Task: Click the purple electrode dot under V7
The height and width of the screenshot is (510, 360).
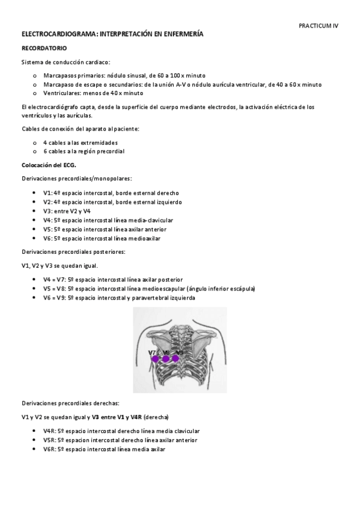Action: click(x=155, y=359)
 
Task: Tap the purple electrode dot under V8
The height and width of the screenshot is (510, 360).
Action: click(x=166, y=359)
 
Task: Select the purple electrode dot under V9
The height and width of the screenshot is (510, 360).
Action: click(x=176, y=359)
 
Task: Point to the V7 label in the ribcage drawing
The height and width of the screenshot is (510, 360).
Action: click(x=152, y=352)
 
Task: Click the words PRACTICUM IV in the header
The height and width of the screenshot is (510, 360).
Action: click(x=319, y=26)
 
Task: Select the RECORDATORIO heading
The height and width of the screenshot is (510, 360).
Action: click(x=44, y=47)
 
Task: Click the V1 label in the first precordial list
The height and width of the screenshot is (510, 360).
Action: click(x=48, y=192)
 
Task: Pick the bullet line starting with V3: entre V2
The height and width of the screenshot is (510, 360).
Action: click(x=67, y=211)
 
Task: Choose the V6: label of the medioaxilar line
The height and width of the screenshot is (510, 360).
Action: click(x=49, y=238)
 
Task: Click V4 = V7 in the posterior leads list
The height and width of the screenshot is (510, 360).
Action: click(x=55, y=280)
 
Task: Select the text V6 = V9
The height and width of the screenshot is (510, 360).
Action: click(x=55, y=298)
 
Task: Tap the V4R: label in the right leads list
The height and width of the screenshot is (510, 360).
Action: click(x=50, y=431)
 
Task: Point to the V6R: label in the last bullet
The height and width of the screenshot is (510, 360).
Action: click(x=50, y=449)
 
